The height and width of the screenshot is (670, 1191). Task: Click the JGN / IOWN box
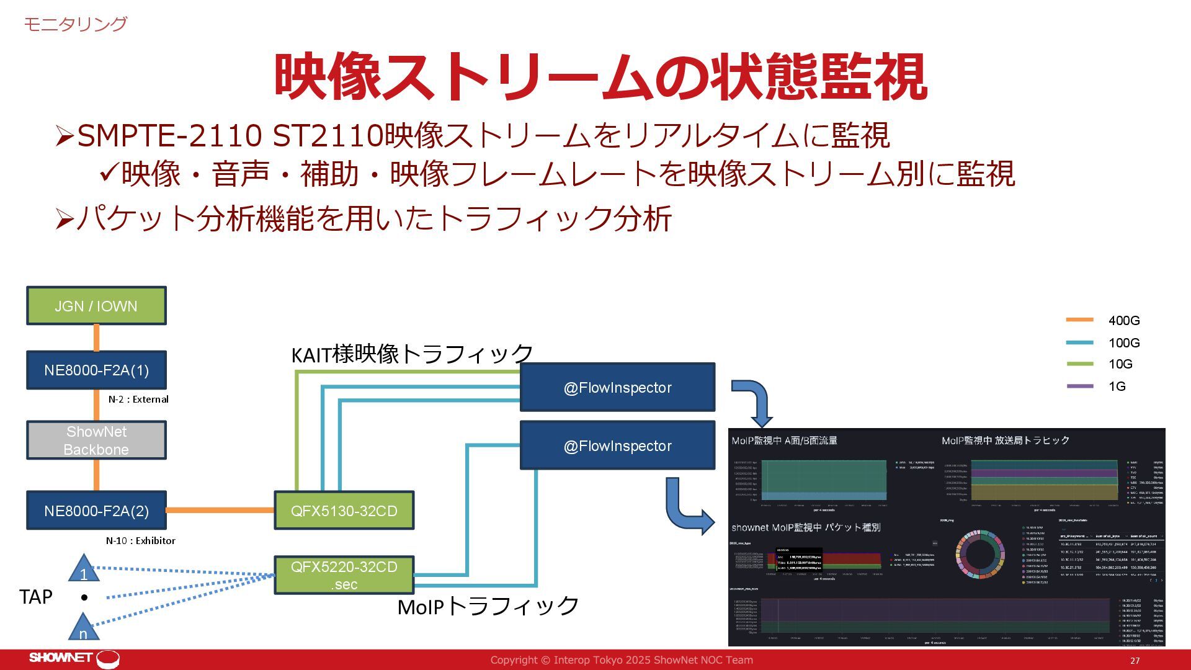tap(96, 306)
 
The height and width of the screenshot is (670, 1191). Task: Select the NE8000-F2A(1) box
tap(96, 370)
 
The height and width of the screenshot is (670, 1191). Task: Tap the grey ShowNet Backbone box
tap(96, 440)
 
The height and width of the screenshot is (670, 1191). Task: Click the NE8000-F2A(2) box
tap(96, 511)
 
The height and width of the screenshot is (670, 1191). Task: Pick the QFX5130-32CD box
tap(344, 511)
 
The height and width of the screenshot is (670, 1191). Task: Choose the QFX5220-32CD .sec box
tap(344, 575)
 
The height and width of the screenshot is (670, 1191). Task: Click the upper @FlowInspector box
tap(617, 388)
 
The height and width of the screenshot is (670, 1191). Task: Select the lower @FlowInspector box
tap(617, 445)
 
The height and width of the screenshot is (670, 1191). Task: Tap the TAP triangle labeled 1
tap(84, 569)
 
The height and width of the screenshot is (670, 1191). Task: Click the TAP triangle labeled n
tap(83, 628)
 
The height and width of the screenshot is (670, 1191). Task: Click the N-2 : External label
tap(138, 400)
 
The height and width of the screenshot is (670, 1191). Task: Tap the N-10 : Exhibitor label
tap(140, 541)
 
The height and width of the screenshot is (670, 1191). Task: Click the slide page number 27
tap(1135, 661)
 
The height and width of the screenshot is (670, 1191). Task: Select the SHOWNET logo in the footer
tap(73, 658)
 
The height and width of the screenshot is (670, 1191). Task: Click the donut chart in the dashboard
tap(979, 554)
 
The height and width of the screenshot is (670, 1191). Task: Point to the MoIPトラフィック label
tap(488, 606)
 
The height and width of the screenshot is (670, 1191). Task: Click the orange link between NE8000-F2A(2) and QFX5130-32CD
tap(220, 511)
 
